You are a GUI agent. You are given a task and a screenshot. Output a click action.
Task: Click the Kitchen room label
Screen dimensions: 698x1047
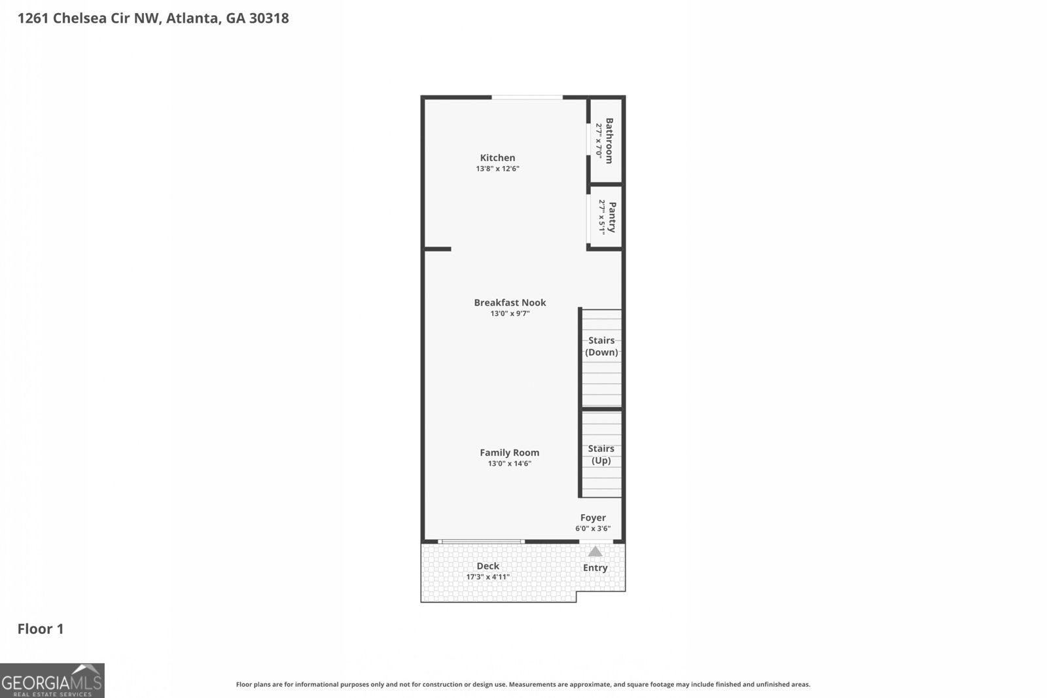point(497,158)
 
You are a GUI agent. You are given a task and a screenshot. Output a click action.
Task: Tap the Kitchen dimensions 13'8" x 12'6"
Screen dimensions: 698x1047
point(497,169)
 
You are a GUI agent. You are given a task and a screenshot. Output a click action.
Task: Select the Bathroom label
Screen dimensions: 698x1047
point(609,141)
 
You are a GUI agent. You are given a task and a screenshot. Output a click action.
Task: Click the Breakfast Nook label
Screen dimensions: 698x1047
point(510,302)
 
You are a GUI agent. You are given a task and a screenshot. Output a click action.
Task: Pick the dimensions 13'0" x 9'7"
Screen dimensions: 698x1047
point(510,313)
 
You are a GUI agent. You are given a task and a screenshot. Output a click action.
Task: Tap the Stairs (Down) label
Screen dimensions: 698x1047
point(601,346)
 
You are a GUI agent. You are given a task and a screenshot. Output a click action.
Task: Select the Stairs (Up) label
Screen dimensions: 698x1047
point(601,454)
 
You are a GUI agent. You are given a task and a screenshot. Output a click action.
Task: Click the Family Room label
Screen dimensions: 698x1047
point(509,452)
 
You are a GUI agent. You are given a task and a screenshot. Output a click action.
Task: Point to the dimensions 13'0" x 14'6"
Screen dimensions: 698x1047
point(509,464)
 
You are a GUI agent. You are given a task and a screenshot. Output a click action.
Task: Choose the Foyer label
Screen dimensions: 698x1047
point(593,517)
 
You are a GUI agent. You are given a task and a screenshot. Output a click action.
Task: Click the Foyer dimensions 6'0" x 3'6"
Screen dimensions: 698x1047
point(593,529)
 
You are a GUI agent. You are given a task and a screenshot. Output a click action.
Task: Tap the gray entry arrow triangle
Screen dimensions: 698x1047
point(595,551)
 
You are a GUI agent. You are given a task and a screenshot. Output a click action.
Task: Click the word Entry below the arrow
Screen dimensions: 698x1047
point(595,568)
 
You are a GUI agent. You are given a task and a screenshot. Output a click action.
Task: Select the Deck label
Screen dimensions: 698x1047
point(488,566)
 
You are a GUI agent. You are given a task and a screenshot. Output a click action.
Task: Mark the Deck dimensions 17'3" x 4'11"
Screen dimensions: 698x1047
point(488,577)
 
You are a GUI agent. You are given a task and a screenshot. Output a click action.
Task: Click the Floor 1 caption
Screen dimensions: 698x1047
point(41,629)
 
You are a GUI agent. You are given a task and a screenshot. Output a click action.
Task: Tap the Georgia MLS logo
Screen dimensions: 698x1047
point(52,681)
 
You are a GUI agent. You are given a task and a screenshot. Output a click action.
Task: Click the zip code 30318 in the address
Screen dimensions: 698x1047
point(268,18)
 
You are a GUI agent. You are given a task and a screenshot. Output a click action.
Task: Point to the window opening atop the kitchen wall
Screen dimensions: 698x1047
point(527,97)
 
